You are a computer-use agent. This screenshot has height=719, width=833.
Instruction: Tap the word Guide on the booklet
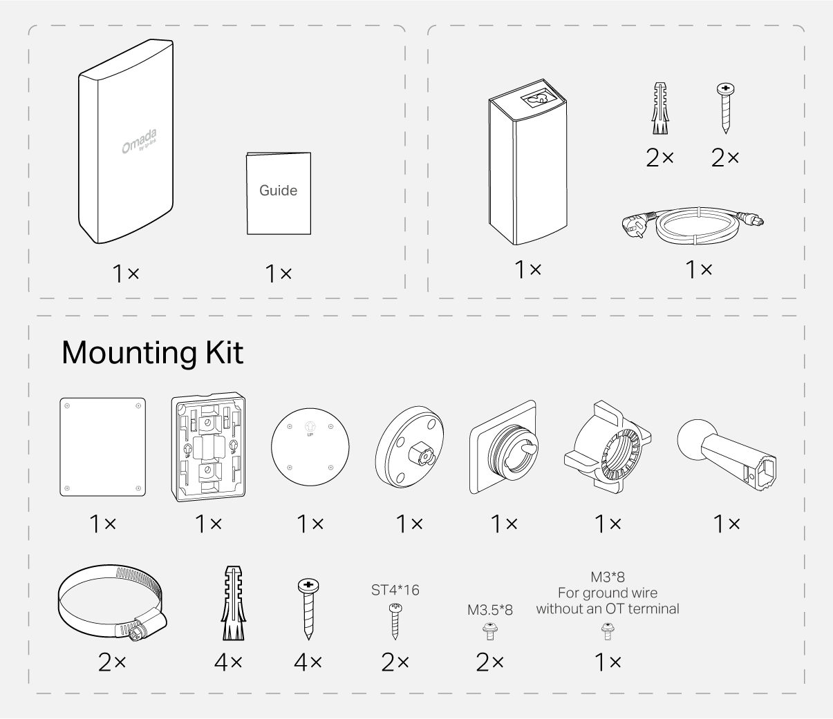tap(278, 191)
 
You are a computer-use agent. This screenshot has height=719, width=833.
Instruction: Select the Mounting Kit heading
tap(152, 352)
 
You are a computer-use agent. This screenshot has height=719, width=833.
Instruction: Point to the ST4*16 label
tap(395, 590)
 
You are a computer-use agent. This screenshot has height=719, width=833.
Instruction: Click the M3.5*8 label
tap(490, 611)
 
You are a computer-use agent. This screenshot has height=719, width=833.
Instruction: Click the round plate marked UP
tap(310, 445)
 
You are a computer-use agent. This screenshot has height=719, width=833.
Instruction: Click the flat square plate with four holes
tap(103, 447)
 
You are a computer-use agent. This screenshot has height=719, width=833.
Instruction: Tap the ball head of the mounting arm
tap(695, 438)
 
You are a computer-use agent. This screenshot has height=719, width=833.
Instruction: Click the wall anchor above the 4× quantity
tap(232, 604)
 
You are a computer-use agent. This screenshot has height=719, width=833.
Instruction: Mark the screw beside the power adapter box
tap(724, 108)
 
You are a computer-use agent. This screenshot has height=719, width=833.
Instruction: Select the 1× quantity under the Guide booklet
tap(279, 274)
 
